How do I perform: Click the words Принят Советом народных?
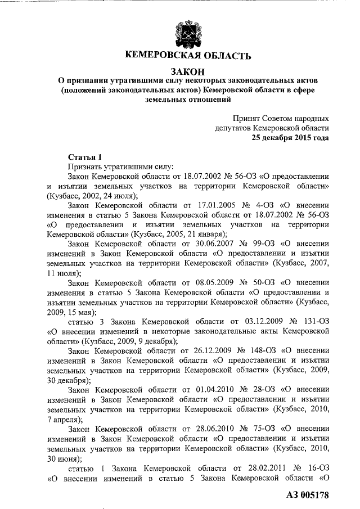click(281, 118)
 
